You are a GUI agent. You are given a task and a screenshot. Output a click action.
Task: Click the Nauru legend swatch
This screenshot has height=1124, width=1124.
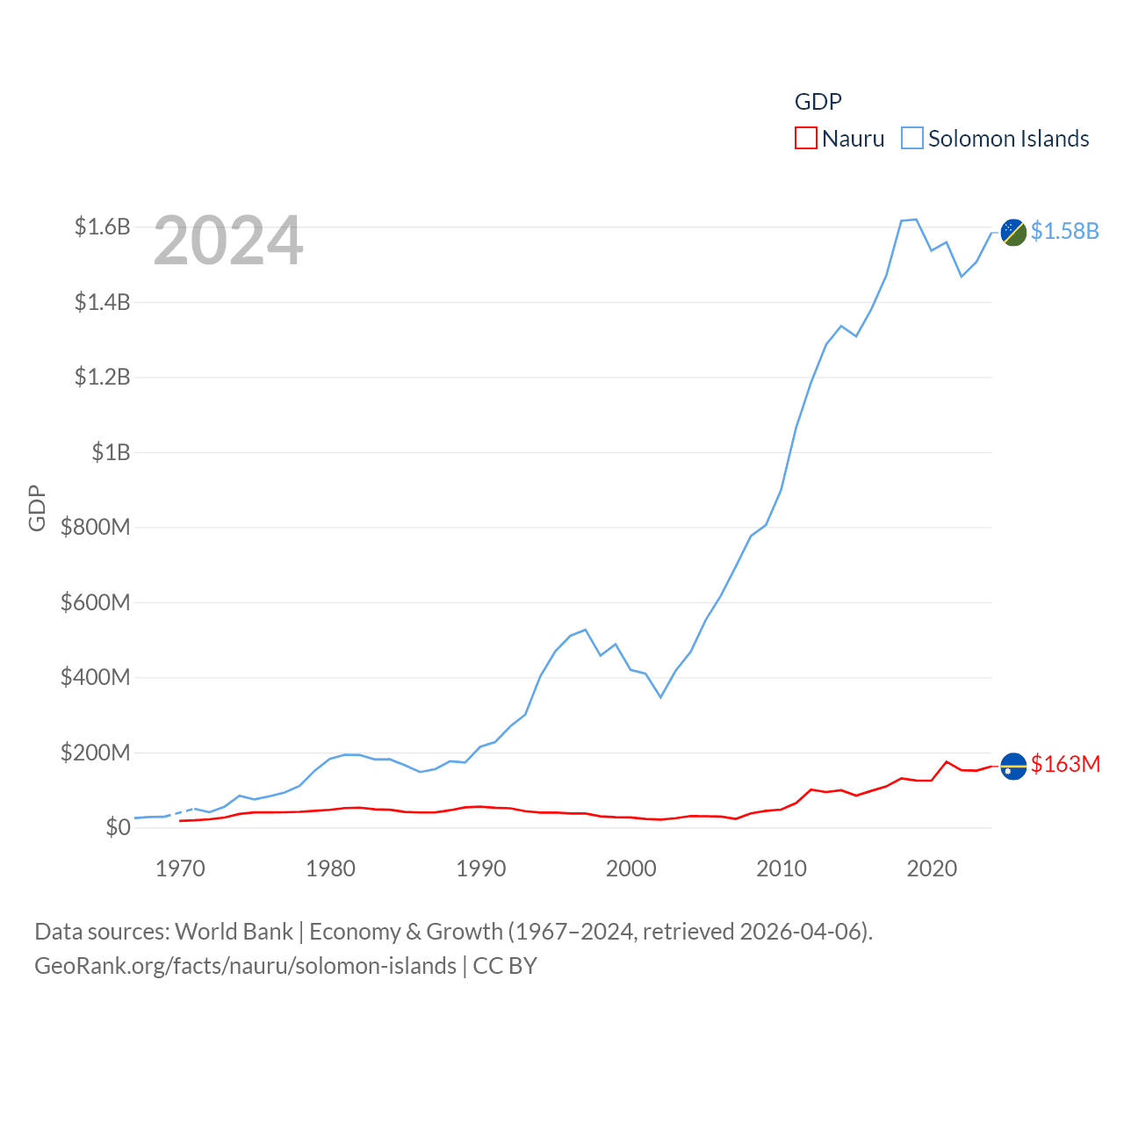coord(805,139)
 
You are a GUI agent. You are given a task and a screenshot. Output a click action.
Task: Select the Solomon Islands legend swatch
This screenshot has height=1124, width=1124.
coord(912,139)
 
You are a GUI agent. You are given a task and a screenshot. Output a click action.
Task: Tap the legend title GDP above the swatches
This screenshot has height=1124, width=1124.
coord(818,102)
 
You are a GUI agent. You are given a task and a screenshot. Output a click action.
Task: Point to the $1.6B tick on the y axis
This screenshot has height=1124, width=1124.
coord(102,227)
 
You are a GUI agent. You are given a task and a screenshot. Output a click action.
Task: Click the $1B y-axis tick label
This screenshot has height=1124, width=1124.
coord(111,452)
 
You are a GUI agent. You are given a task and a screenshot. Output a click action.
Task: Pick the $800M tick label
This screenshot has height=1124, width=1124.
coord(95,527)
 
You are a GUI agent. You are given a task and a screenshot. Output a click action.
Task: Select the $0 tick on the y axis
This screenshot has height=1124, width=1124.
coord(118,827)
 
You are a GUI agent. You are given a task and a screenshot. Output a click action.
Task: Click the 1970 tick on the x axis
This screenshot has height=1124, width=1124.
coord(180,868)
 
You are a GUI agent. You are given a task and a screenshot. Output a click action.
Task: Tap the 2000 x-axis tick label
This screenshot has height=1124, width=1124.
coord(630,868)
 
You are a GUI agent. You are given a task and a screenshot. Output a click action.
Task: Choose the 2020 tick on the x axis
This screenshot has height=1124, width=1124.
coord(932,868)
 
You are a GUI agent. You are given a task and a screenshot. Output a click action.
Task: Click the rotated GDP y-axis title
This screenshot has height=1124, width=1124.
coord(37,508)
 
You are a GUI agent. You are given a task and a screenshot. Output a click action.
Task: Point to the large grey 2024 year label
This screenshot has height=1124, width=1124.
coord(228,241)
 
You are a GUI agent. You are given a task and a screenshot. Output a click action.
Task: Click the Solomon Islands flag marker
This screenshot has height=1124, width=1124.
coord(1013,233)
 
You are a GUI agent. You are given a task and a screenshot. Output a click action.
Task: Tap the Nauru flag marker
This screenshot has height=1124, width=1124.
coord(1013,767)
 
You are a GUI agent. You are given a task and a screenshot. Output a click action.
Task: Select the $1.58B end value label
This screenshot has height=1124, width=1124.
coord(1064,231)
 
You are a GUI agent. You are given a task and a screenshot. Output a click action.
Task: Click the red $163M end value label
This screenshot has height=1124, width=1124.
coord(1065,764)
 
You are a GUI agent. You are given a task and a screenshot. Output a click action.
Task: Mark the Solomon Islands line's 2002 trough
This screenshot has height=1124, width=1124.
coord(660,697)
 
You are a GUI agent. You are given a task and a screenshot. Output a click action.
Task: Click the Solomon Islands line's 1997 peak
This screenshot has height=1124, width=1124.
coord(586,630)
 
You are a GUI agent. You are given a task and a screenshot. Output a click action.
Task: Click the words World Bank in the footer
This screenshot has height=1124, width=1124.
coord(234,931)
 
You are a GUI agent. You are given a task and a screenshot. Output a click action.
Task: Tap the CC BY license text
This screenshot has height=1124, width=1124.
coord(505,966)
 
